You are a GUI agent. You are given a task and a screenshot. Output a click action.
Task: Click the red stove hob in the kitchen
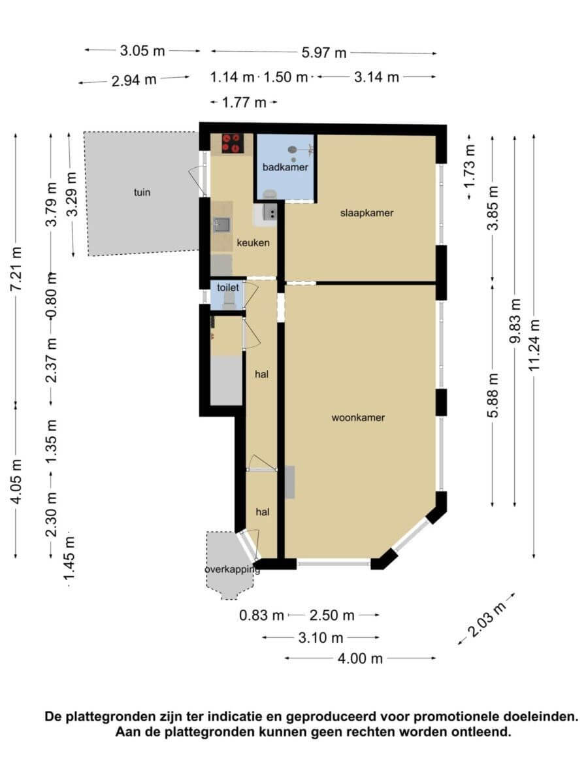click(x=231, y=143)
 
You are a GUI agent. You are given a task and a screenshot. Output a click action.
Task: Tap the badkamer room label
click(x=286, y=167)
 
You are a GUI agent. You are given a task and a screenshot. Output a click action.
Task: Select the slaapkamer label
click(x=367, y=213)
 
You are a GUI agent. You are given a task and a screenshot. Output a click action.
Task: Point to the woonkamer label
click(x=358, y=417)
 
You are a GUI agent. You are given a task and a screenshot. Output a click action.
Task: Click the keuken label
click(x=253, y=243)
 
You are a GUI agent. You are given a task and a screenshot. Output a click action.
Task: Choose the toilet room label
click(x=228, y=287)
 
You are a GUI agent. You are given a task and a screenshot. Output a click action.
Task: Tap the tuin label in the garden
click(x=142, y=193)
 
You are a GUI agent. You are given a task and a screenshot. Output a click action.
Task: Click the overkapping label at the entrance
click(x=233, y=570)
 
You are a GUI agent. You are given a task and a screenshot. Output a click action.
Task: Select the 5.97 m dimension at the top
click(x=324, y=53)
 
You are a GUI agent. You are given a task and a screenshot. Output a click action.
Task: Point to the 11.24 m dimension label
click(x=534, y=345)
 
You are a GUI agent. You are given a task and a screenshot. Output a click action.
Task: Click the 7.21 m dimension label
click(x=16, y=269)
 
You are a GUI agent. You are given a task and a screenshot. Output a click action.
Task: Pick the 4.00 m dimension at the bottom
click(x=360, y=659)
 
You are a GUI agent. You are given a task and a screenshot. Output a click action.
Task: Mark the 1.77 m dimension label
click(x=244, y=103)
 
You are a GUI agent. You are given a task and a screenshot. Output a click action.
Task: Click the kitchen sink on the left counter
click(x=221, y=225)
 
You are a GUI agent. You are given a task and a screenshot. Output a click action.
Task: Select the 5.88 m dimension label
click(x=493, y=395)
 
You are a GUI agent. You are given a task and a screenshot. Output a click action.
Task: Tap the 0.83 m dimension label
click(x=261, y=615)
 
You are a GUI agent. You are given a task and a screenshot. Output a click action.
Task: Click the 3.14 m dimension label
click(x=376, y=77)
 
